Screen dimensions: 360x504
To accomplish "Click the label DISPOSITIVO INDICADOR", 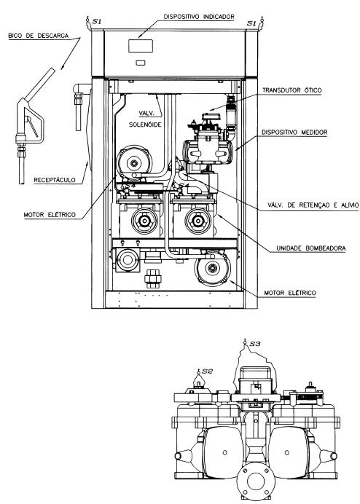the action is (199, 17).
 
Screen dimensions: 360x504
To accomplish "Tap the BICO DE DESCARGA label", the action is (39, 36).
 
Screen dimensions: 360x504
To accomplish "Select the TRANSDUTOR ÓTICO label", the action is (291, 90).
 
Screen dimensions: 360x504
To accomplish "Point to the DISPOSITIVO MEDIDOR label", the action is (294, 132).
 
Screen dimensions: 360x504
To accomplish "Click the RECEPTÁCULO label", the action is (55, 180).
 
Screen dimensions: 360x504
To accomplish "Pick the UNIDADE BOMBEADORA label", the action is (310, 248).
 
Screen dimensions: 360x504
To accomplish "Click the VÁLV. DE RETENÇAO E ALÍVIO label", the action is (313, 205).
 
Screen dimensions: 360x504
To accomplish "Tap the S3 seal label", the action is (255, 344).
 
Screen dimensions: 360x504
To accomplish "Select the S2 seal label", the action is (208, 371).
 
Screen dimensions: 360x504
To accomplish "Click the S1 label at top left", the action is (96, 22).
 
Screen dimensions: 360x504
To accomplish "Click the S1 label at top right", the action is (251, 23).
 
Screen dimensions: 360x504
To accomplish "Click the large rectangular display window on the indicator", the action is (141, 46).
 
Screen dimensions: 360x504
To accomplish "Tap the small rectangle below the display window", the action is (140, 63).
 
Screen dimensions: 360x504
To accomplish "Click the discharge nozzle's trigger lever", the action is (33, 126).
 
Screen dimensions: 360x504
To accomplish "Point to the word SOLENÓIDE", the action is (145, 125).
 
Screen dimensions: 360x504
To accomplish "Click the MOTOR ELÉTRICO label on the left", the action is (50, 214).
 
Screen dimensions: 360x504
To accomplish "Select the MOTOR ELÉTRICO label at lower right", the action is (290, 293).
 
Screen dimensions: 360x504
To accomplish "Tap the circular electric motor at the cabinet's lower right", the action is (212, 268).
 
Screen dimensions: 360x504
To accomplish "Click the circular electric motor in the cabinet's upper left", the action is (134, 162).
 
